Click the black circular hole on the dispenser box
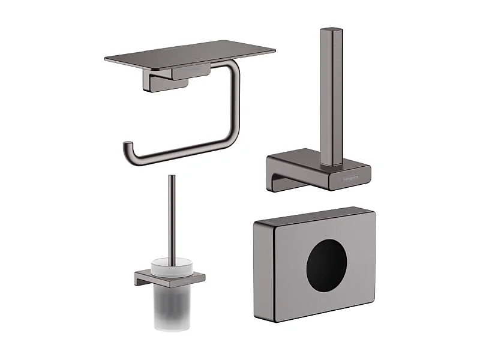click(x=326, y=266)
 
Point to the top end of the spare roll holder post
click(x=331, y=31)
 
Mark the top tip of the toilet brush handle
click(x=171, y=177)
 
